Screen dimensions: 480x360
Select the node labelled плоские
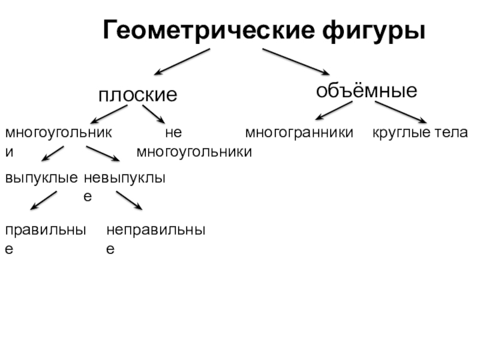138,95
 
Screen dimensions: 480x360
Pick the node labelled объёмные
367,91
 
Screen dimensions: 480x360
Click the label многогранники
299,132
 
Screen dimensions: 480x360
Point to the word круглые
400,132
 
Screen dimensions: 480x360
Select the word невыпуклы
124,178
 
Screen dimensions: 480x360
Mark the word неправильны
156,230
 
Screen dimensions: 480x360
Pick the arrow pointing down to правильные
43,200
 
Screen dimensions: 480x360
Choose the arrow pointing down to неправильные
129,200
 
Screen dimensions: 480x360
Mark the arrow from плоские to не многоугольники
154,115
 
